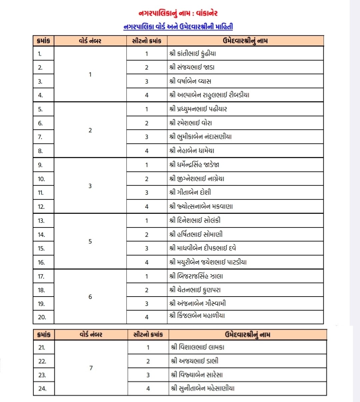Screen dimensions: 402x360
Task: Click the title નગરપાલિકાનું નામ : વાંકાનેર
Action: [x=178, y=13]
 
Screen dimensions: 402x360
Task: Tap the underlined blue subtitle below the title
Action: [x=178, y=27]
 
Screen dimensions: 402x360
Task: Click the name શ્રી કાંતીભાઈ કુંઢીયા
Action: [x=193, y=53]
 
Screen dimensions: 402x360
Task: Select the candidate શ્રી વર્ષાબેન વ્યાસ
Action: [x=190, y=81]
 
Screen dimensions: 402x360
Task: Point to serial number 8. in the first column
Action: [x=40, y=151]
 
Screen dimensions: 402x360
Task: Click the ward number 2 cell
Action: [x=90, y=130]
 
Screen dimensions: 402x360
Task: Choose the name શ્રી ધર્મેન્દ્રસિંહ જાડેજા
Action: [x=194, y=165]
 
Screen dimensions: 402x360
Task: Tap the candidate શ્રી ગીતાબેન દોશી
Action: [x=190, y=192]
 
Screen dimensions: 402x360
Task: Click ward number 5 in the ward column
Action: [x=90, y=241]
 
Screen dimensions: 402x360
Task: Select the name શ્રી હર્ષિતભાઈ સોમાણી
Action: [x=196, y=235]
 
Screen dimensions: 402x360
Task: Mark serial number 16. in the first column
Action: [x=41, y=262]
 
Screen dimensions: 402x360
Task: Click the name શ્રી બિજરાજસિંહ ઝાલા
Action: [x=196, y=276]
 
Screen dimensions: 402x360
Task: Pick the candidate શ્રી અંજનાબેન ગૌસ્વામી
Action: [x=198, y=304]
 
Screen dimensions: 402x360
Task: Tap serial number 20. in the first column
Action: [x=42, y=317]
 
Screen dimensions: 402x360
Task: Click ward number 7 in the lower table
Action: [x=91, y=368]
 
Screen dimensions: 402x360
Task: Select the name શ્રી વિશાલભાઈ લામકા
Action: [x=198, y=347]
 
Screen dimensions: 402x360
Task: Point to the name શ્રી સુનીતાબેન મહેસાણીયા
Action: [x=203, y=388]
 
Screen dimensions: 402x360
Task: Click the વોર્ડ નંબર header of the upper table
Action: [x=90, y=41]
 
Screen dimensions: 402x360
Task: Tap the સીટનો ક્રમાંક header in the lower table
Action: [x=148, y=335]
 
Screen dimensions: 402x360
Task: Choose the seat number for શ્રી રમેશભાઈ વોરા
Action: [x=147, y=123]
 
